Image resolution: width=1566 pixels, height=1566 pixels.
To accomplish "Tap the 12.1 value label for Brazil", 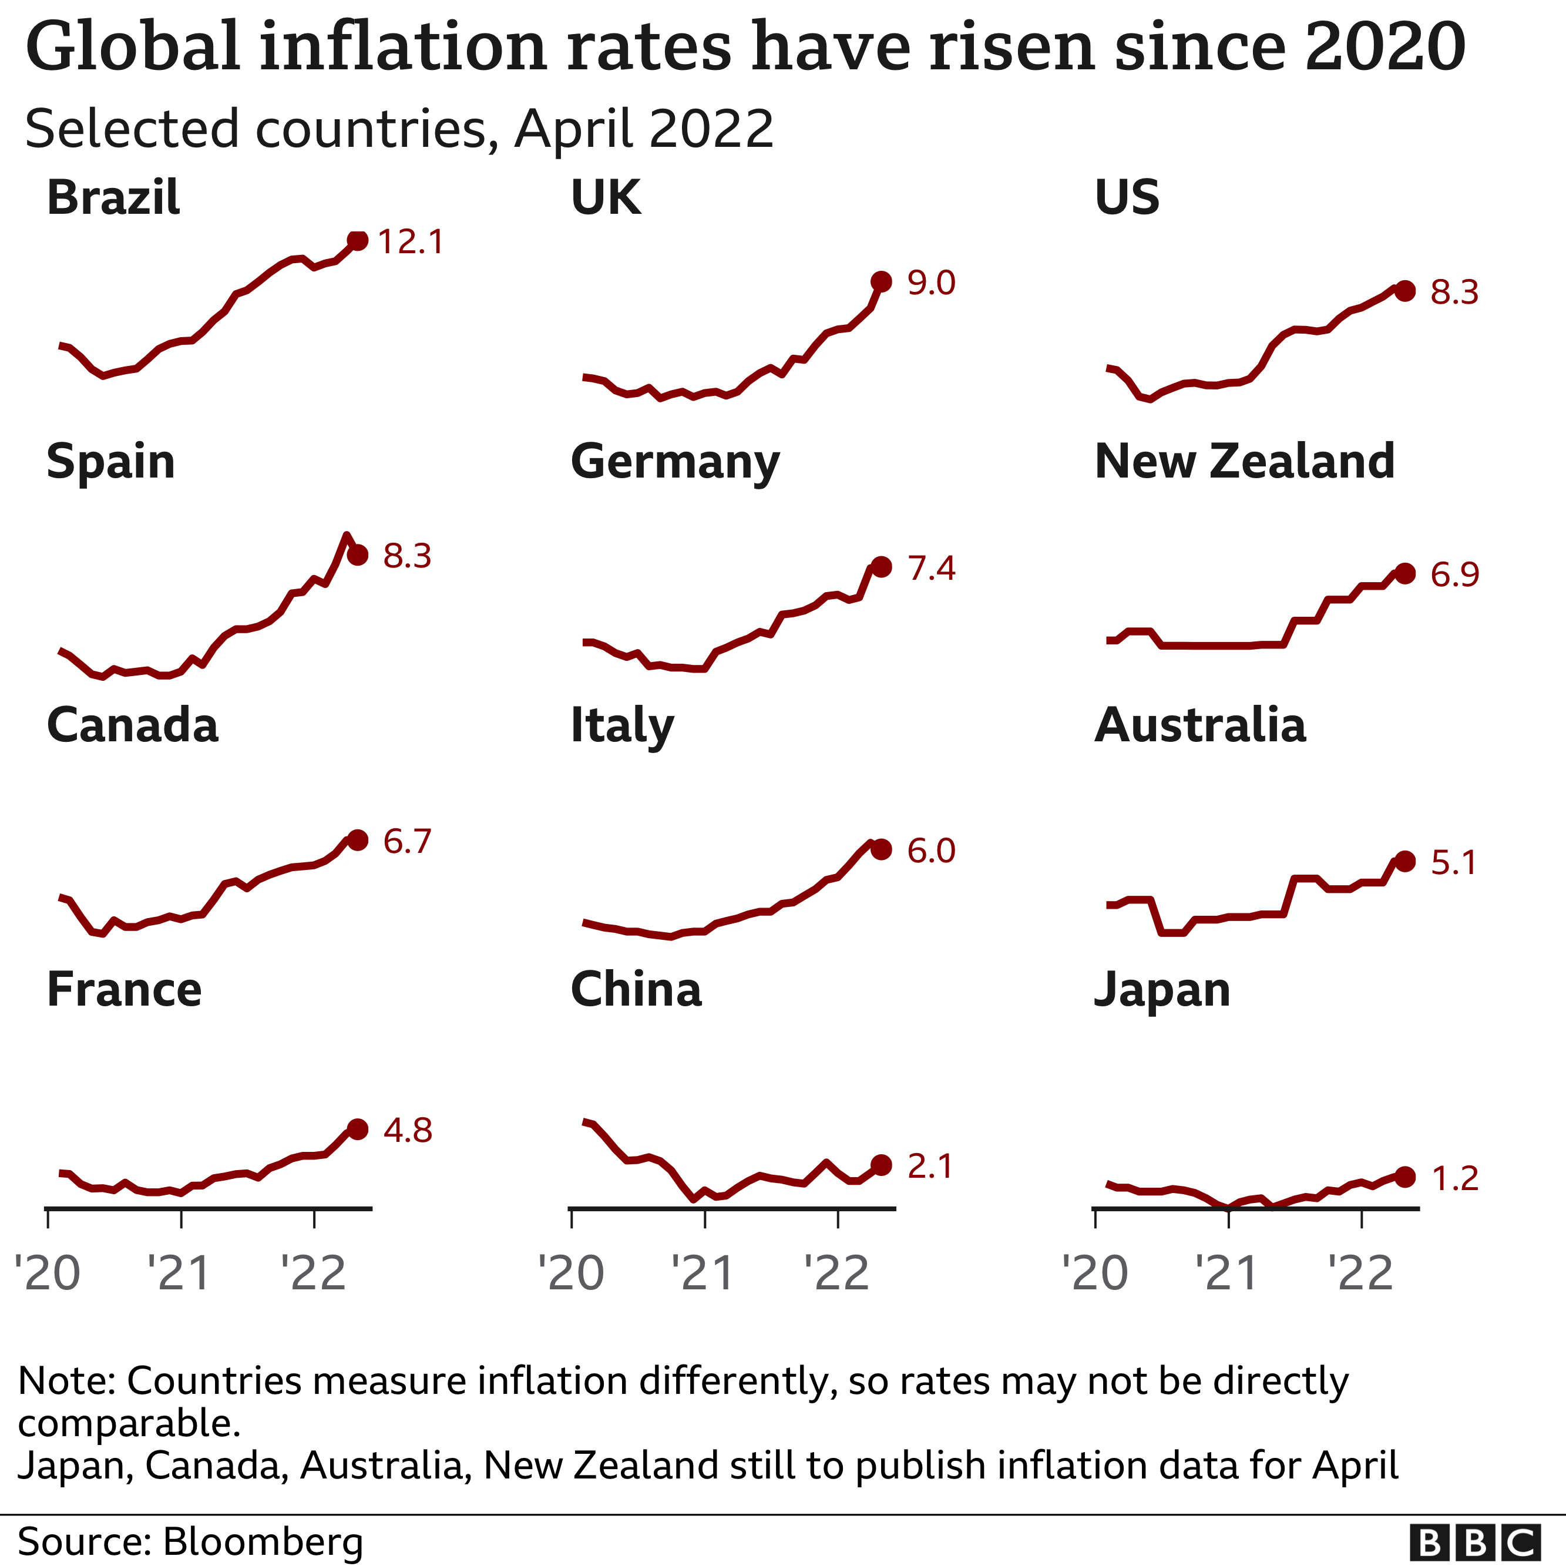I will (x=411, y=241).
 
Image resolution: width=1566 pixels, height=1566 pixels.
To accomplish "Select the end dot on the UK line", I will (x=881, y=281).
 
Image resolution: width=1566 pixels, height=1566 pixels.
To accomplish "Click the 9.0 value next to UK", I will (x=932, y=283).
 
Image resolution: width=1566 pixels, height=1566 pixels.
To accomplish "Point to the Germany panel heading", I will (x=674, y=462).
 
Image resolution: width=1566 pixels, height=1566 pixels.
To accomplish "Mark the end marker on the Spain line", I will (x=358, y=555).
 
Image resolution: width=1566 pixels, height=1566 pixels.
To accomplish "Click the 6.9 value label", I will (x=1454, y=574).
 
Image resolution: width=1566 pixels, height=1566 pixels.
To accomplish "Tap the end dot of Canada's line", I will (x=358, y=840).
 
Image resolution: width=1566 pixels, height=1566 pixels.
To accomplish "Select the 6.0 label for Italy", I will (x=932, y=851).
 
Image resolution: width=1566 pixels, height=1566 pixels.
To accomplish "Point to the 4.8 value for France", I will (x=408, y=1130).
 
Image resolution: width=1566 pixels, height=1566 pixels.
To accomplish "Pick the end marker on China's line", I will (x=881, y=1165).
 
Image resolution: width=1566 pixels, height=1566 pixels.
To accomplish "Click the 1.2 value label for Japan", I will (x=1454, y=1178).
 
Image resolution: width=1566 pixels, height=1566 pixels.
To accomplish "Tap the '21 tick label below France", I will (x=179, y=1273).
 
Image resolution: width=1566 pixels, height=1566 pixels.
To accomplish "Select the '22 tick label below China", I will (x=836, y=1273).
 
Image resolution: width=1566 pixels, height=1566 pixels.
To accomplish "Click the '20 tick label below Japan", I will (x=1095, y=1273).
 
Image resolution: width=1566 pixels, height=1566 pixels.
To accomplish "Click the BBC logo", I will (x=1474, y=1543).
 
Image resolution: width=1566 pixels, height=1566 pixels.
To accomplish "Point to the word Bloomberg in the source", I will (x=263, y=1541).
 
